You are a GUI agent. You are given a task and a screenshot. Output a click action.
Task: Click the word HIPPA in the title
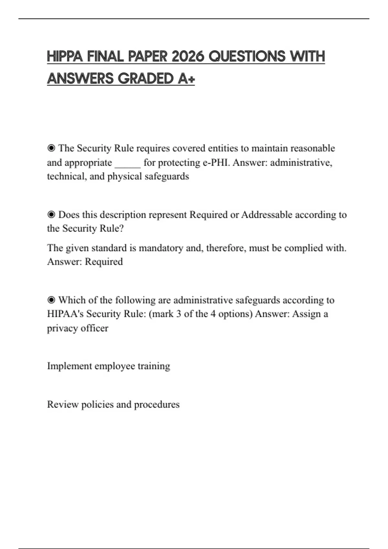64,57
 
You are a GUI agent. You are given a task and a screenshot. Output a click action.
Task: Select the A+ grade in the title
186,78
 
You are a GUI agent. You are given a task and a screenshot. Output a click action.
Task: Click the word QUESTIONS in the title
247,57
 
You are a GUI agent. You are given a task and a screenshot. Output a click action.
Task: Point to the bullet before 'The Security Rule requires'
51,148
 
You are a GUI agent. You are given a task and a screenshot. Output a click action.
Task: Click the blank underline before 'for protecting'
128,163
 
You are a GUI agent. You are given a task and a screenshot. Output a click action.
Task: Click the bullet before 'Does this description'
51,215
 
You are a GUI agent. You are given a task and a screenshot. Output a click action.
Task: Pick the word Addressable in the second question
267,215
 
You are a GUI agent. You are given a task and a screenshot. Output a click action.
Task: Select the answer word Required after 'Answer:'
104,262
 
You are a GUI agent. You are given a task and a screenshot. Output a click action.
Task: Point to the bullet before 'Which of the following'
51,300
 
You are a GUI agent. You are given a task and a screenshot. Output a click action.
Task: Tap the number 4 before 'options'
213,314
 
